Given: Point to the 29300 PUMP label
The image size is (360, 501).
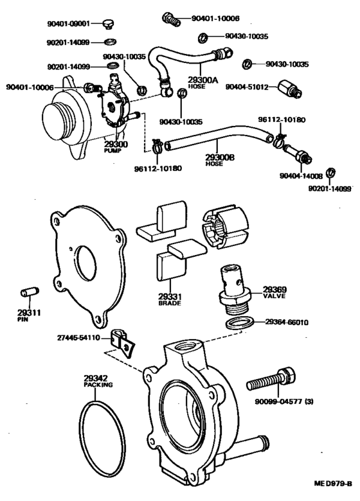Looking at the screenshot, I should (x=116, y=147).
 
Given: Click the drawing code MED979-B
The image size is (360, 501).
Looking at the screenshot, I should (x=334, y=491).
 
